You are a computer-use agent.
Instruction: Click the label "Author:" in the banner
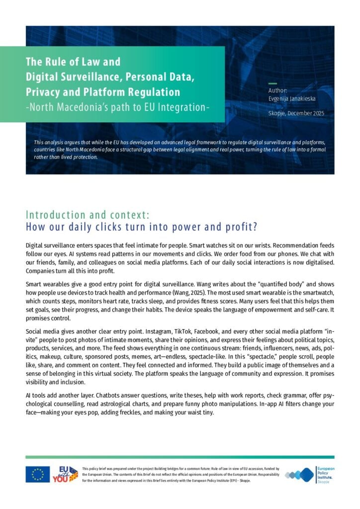click(x=277, y=91)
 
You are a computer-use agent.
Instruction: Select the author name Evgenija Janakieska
click(x=292, y=99)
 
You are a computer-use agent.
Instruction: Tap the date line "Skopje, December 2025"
click(x=296, y=114)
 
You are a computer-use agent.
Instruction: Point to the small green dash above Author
click(x=272, y=84)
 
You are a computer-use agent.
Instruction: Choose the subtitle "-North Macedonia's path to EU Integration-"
click(x=117, y=107)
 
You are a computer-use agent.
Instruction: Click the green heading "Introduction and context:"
click(x=87, y=215)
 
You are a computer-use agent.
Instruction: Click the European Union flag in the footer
click(x=38, y=474)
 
